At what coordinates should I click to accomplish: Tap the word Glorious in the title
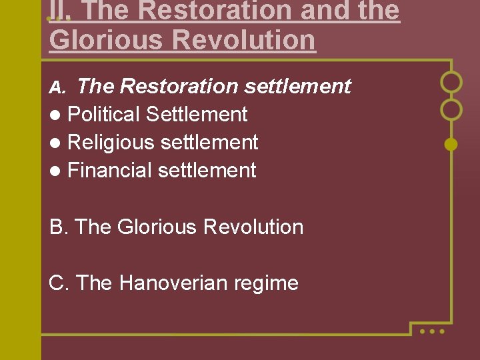105,40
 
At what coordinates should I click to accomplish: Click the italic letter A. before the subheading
58,87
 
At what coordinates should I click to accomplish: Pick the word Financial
110,171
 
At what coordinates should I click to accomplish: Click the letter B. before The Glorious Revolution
59,227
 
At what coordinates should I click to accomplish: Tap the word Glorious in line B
157,227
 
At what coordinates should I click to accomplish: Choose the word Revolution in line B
253,227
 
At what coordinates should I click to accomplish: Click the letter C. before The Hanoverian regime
59,283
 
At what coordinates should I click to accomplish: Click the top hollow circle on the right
451,82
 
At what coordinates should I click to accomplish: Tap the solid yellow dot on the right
451,143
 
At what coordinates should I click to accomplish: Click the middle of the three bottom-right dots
432,331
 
